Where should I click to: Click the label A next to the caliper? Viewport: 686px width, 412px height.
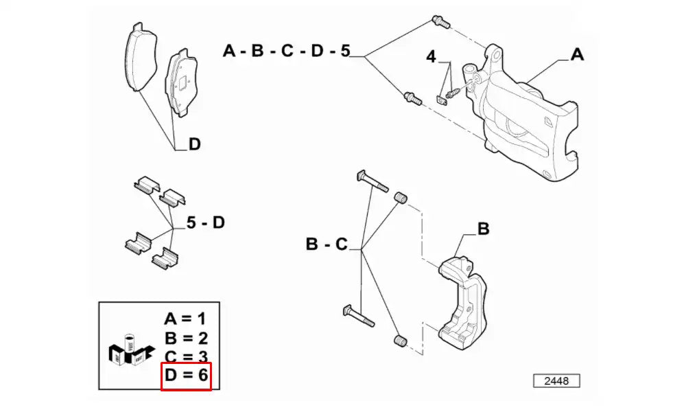577,54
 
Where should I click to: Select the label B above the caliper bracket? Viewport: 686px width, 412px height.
483,229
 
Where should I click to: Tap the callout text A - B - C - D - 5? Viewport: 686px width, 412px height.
286,51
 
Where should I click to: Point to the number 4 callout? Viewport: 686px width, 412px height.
431,57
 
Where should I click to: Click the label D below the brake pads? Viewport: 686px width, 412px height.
194,144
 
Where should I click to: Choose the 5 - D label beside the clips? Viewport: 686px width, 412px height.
206,222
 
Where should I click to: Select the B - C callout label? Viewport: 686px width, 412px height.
327,244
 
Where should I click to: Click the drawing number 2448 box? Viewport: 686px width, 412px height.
556,380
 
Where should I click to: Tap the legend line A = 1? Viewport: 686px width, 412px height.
185,319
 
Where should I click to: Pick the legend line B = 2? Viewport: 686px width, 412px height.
185,338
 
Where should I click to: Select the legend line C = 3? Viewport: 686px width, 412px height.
185,356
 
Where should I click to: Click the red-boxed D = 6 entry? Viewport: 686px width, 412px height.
185,376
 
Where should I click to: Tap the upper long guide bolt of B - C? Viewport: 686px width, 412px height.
372,181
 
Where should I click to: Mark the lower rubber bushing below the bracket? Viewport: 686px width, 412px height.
399,341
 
